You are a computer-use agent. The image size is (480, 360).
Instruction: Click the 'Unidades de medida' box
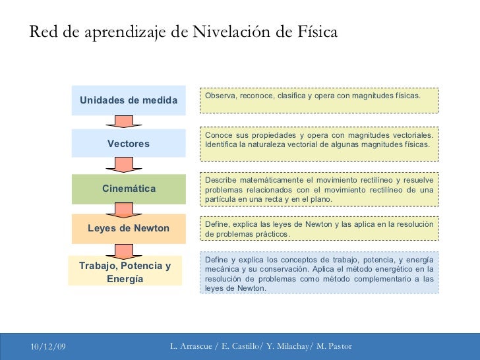(129, 100)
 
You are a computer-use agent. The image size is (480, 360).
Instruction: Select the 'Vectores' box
(129, 144)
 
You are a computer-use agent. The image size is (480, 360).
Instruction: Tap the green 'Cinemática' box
(129, 189)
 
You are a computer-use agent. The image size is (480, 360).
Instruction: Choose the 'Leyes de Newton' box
(129, 228)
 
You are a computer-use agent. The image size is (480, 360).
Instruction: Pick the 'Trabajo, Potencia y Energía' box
(125, 271)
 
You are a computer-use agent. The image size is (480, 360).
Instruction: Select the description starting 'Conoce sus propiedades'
(318, 144)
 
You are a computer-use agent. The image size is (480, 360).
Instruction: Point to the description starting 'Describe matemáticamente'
(318, 189)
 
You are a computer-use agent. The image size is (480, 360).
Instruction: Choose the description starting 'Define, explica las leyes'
(318, 228)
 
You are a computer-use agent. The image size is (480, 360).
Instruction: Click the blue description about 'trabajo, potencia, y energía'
(318, 273)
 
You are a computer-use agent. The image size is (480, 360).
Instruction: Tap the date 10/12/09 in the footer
(47, 347)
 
